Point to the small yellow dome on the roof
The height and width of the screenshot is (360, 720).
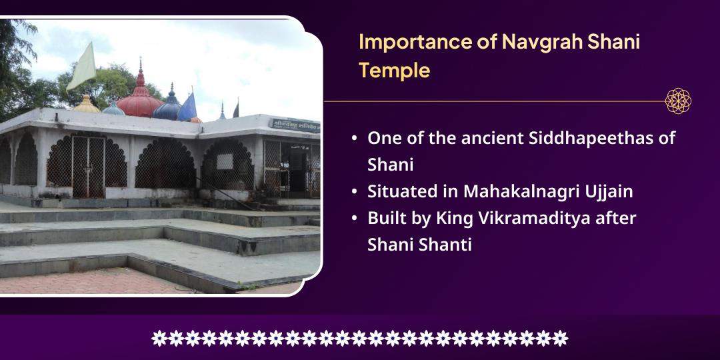click(x=86, y=105)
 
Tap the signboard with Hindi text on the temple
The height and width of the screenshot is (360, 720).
click(x=293, y=123)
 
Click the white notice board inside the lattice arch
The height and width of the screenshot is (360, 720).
click(x=225, y=161)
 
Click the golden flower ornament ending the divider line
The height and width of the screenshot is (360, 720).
click(x=678, y=101)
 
